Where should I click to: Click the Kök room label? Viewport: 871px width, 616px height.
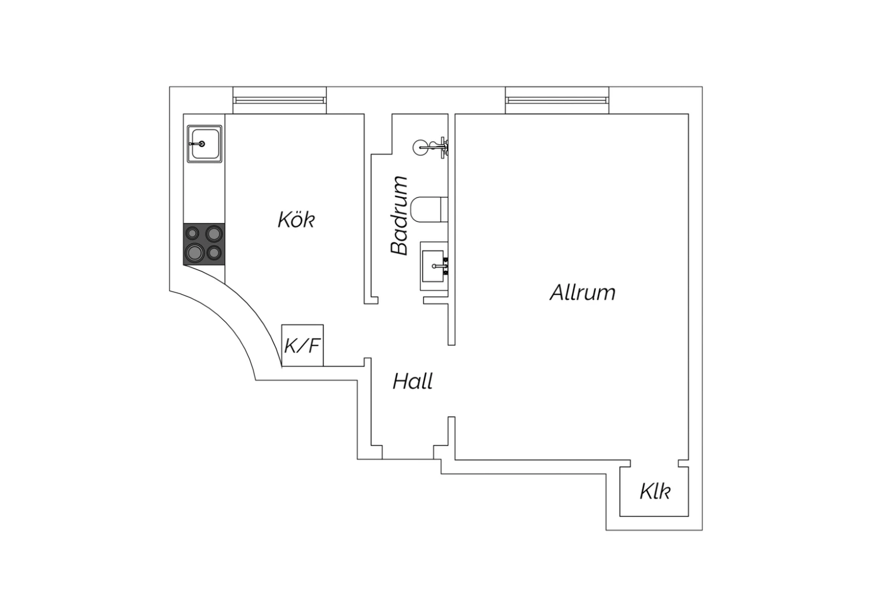296,220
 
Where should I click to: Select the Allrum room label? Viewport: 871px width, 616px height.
582,293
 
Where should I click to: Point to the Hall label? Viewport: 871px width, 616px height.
412,381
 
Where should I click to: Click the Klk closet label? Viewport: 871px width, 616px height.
655,492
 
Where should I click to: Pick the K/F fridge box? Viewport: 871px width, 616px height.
302,346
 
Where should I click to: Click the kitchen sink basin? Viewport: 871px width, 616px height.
204,144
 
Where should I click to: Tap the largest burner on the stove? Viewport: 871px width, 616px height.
195,253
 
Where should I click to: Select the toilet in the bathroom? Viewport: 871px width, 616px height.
429,209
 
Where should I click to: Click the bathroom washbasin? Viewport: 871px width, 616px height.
434,266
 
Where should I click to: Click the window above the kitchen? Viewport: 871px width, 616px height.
279,101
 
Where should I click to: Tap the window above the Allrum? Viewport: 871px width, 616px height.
557,101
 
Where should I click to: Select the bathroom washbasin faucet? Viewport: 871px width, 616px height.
440,266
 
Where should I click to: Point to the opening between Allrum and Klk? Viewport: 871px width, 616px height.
654,464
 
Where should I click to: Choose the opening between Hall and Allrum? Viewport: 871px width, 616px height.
451,381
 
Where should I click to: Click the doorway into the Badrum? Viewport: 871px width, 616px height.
401,300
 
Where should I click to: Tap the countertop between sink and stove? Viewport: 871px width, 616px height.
204,193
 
